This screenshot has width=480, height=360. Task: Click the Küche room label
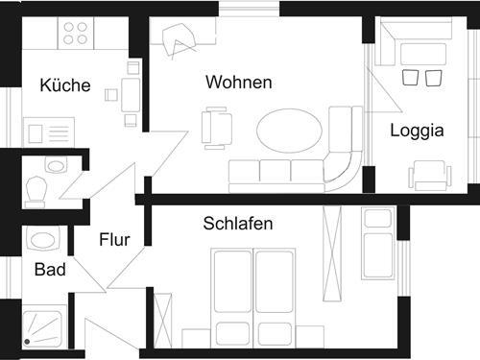coord(65,85)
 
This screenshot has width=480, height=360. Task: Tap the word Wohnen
coord(238,83)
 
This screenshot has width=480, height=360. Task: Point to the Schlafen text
coord(238,224)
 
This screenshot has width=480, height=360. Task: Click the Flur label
coord(113,239)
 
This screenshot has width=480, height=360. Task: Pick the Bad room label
coord(50,270)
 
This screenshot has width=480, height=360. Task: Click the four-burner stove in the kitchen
coord(76,33)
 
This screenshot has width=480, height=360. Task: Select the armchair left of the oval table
coord(217,127)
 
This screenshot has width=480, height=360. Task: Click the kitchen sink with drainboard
coord(49,131)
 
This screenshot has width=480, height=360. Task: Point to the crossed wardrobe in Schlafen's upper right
coord(334,241)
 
